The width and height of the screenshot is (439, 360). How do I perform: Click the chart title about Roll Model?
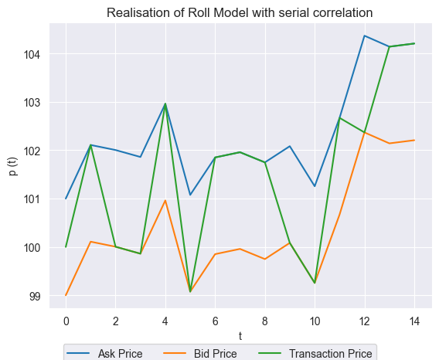pos(240,12)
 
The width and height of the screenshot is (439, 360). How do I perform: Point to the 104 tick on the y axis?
pos(37,54)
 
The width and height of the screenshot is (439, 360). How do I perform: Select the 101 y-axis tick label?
pos(37,199)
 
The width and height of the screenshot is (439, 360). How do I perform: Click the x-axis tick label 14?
pos(414,320)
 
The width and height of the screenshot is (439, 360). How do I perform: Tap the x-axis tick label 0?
pos(66,320)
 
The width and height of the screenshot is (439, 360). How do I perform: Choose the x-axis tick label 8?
pos(265,320)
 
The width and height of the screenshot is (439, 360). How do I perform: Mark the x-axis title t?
pos(240,335)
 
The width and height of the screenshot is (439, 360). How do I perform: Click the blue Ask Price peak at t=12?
pos(365,36)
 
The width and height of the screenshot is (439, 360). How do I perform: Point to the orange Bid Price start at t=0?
pos(66,295)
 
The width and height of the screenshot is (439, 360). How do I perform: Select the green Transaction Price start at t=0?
pos(66,247)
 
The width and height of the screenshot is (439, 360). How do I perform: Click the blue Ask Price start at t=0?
pos(66,199)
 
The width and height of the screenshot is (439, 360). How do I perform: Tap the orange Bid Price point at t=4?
pos(165,201)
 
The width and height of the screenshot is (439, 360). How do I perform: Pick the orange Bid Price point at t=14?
pos(414,140)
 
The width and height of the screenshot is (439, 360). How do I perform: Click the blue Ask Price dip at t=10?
pos(315,186)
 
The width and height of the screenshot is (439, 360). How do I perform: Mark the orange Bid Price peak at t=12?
pos(365,132)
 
